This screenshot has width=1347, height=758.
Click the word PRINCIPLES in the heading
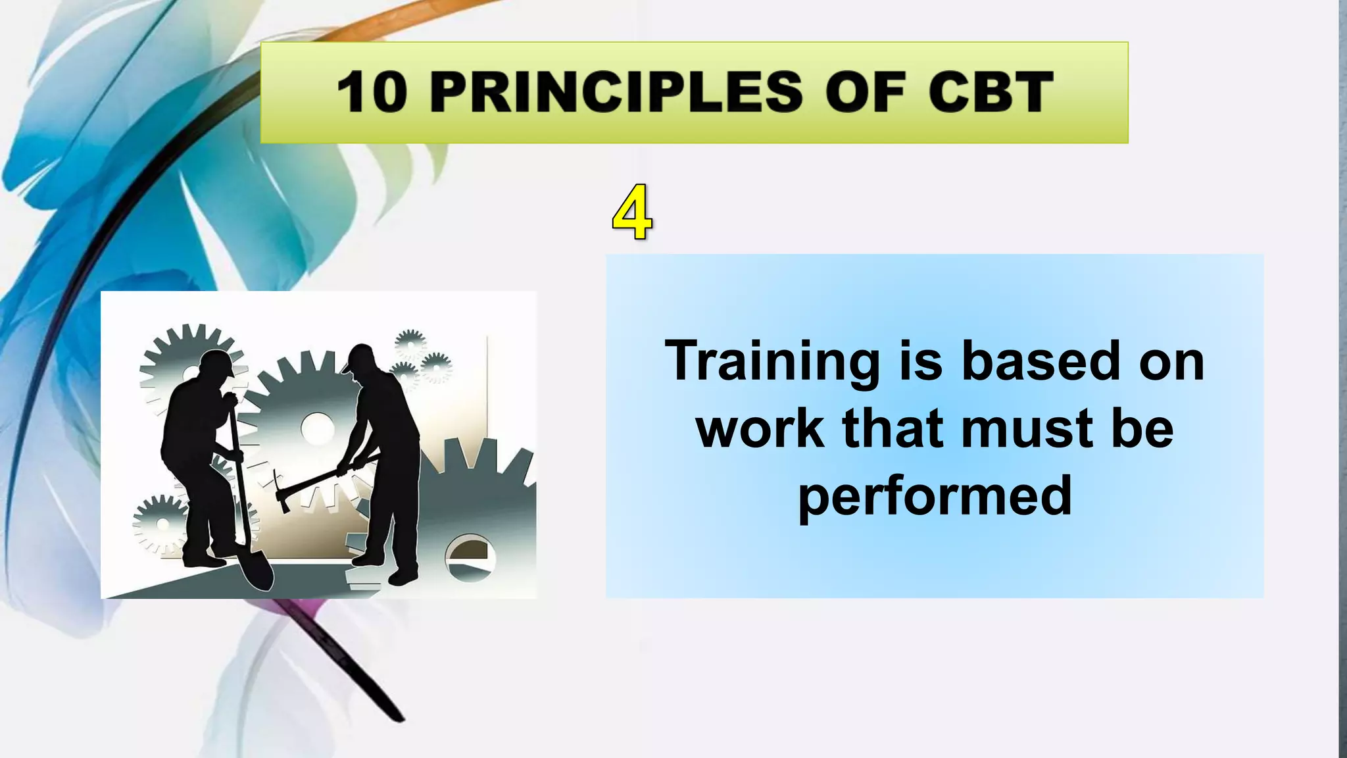click(616, 92)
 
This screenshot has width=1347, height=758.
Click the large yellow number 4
click(632, 213)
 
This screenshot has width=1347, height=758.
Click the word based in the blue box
click(1041, 361)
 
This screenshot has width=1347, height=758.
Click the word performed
click(935, 496)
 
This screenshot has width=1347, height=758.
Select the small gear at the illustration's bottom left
click(160, 524)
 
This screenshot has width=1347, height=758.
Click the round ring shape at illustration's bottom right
click(469, 557)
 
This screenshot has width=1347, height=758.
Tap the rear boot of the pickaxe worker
click(403, 577)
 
